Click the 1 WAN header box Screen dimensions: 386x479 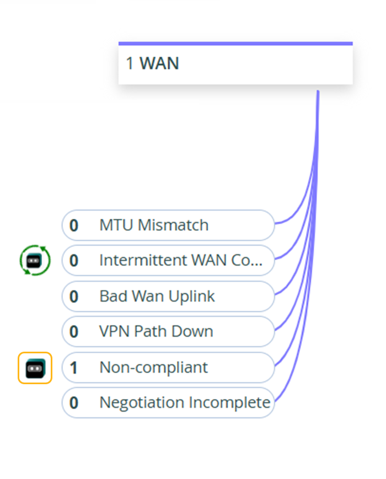[x=235, y=63]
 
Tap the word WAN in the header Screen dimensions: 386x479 [x=159, y=63]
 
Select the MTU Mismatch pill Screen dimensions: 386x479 [x=168, y=225]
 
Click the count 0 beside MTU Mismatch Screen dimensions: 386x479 [x=74, y=226]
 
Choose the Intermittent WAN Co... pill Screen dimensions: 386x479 [x=168, y=260]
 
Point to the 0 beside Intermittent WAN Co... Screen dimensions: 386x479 [x=74, y=261]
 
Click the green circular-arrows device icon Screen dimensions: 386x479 [x=35, y=260]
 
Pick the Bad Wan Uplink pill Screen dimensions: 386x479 [x=168, y=297]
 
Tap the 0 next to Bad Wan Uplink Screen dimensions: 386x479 [x=74, y=297]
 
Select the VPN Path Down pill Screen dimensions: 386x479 [x=168, y=331]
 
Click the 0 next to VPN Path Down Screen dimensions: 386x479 [x=74, y=332]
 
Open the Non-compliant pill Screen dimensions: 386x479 [x=168, y=368]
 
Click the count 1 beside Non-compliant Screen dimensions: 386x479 [x=74, y=368]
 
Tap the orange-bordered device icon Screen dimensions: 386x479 [x=35, y=368]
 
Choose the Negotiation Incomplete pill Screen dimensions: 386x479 [x=168, y=402]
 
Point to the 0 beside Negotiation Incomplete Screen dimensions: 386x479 [x=74, y=403]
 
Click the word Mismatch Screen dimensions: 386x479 [x=173, y=225]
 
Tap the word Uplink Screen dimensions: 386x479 [x=192, y=297]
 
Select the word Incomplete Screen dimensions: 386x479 [x=230, y=403]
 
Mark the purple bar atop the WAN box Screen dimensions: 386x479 [x=235, y=44]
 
